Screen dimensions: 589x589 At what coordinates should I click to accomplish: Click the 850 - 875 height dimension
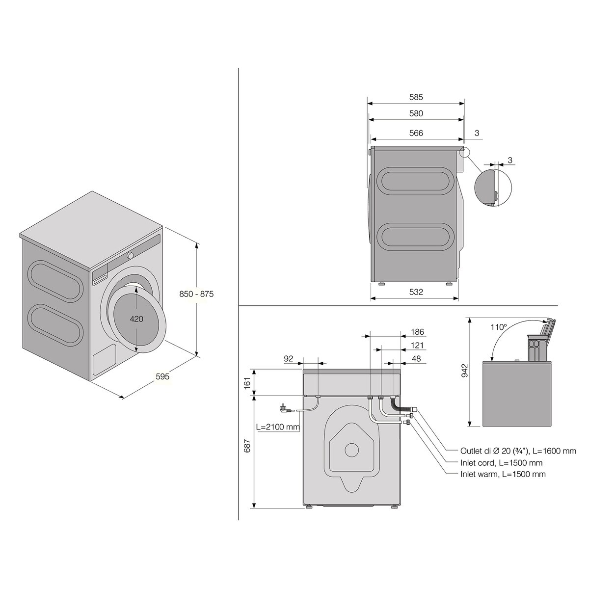click(196, 294)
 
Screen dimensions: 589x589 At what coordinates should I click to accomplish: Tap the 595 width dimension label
click(162, 376)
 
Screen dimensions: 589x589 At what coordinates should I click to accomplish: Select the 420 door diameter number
click(136, 319)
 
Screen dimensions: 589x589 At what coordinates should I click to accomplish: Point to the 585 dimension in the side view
click(416, 97)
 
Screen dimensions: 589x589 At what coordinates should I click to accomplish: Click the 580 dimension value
click(416, 113)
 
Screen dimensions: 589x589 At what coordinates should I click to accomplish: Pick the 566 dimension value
click(416, 133)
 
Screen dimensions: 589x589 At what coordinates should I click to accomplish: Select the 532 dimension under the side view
click(416, 292)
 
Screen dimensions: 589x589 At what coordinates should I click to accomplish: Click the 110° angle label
click(499, 326)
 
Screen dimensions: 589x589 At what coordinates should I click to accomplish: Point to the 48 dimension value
click(416, 359)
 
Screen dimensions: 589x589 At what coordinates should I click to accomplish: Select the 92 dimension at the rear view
click(288, 359)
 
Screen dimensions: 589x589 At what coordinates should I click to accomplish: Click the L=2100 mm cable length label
click(278, 427)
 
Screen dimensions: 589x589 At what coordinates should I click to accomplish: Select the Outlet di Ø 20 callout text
click(518, 451)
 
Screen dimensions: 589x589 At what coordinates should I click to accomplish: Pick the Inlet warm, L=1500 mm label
click(503, 474)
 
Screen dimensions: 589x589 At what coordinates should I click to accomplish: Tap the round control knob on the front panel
click(131, 255)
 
